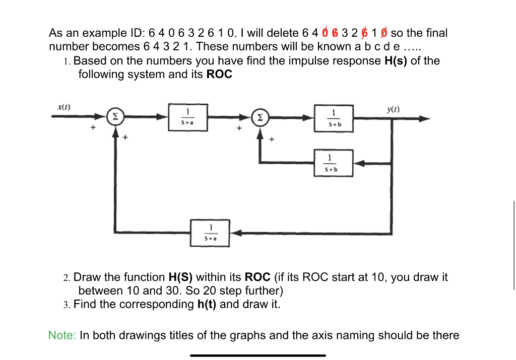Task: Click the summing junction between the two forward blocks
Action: [x=260, y=117]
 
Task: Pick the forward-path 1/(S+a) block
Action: [x=187, y=117]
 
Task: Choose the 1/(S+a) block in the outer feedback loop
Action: [x=210, y=233]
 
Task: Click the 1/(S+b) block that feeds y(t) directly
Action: [x=333, y=118]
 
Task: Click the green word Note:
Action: [x=61, y=335]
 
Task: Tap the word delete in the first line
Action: [x=283, y=33]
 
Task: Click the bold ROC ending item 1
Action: [x=219, y=75]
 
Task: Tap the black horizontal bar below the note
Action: [x=257, y=355]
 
